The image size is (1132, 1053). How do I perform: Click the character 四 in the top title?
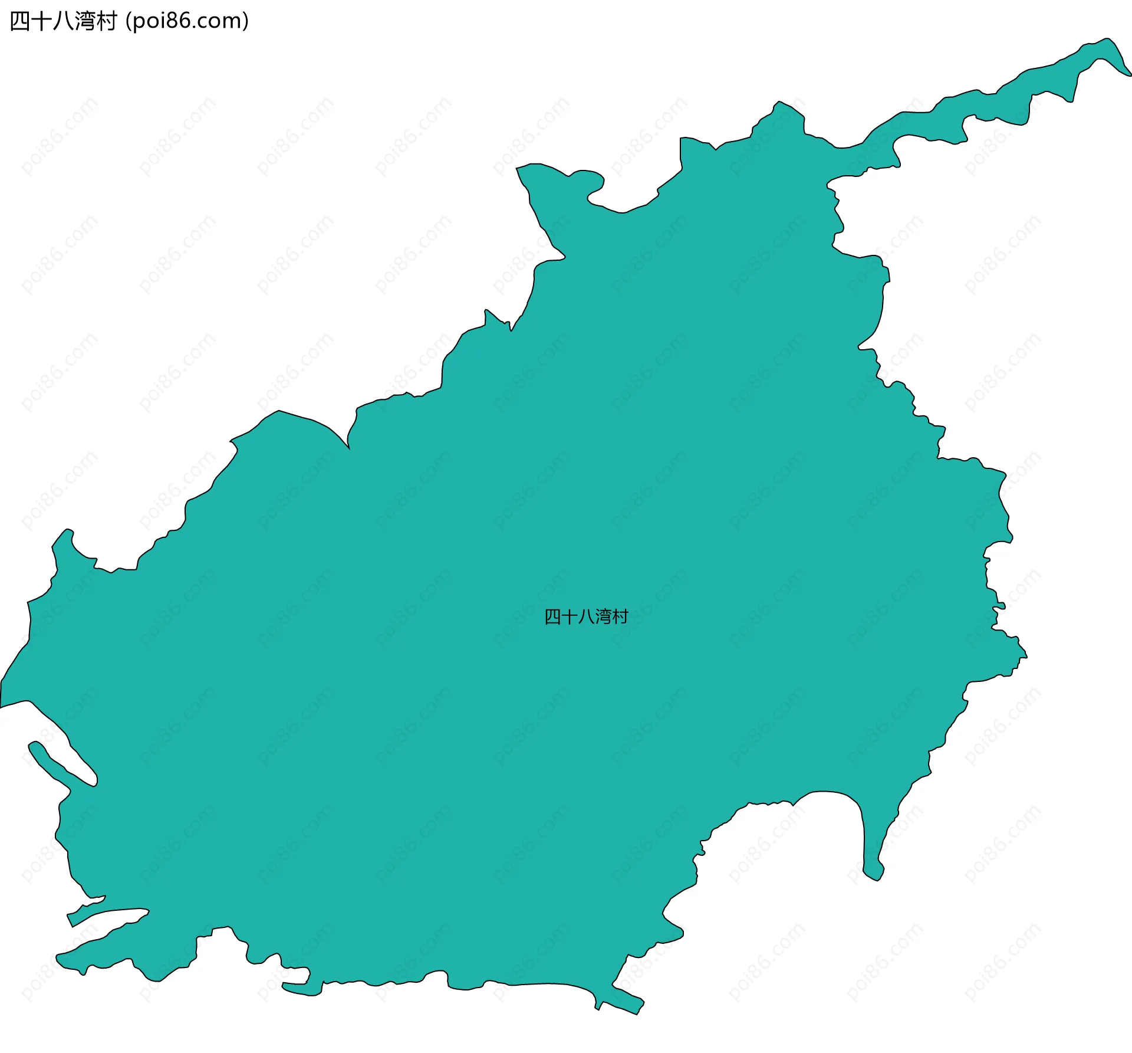coord(19,21)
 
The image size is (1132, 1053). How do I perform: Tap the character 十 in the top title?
coord(41,21)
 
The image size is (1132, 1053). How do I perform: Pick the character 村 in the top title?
coord(106,21)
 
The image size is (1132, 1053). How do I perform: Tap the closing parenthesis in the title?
coord(245,21)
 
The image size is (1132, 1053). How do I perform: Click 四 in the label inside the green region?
coord(552,617)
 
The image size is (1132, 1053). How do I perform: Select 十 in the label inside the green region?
coord(569,617)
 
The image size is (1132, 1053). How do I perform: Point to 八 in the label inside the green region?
coord(586,617)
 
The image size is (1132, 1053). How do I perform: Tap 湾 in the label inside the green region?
coord(603,617)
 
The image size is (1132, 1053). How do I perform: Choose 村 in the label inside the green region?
coord(620,617)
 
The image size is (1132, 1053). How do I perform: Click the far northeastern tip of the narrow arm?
coord(1128,74)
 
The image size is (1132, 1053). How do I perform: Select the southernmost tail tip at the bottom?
coord(637,1013)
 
